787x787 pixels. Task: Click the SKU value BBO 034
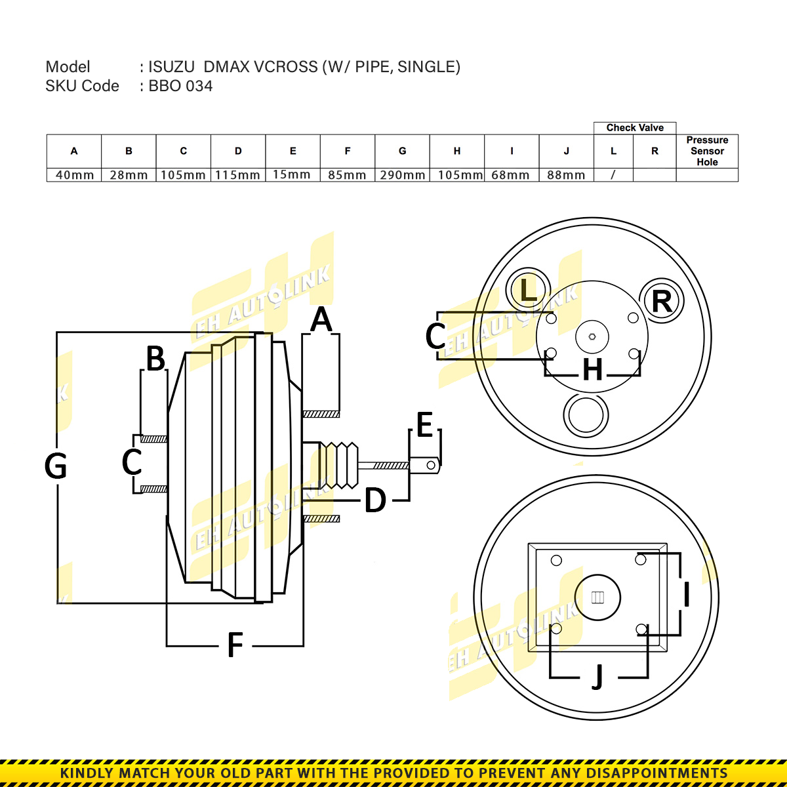pyautogui.click(x=180, y=86)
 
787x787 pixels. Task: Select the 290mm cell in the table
pyautogui.click(x=402, y=175)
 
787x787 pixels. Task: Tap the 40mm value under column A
pyautogui.click(x=74, y=175)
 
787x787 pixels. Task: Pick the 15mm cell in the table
pyautogui.click(x=293, y=174)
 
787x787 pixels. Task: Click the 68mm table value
pyautogui.click(x=511, y=175)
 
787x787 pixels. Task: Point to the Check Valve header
pyautogui.click(x=634, y=128)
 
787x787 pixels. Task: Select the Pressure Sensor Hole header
pyautogui.click(x=707, y=151)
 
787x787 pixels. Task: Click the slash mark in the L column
pyautogui.click(x=613, y=175)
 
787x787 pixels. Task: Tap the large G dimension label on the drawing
pyautogui.click(x=56, y=466)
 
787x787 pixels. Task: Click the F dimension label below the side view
pyautogui.click(x=235, y=645)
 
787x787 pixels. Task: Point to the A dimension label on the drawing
pyautogui.click(x=321, y=320)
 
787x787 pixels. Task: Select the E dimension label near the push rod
pyautogui.click(x=424, y=426)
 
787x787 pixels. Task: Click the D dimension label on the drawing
pyautogui.click(x=374, y=501)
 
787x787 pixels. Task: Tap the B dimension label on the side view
pyautogui.click(x=155, y=359)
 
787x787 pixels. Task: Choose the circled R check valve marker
pyautogui.click(x=661, y=301)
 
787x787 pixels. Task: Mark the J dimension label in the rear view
pyautogui.click(x=597, y=677)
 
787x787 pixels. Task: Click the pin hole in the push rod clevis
pyautogui.click(x=431, y=466)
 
